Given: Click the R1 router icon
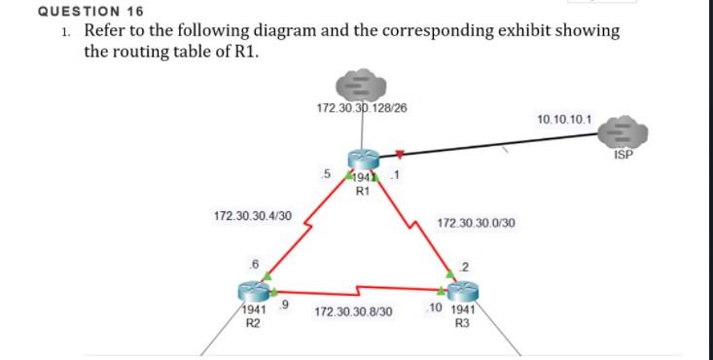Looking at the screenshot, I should click(x=362, y=164).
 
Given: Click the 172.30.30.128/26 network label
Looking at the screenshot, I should click(x=362, y=107).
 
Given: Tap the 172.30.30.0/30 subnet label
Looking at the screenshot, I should click(x=476, y=223).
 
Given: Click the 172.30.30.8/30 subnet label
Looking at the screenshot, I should click(x=354, y=313).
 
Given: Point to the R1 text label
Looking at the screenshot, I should click(x=362, y=192).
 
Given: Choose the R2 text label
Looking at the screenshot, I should click(x=251, y=322).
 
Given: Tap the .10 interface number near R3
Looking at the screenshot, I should click(x=435, y=308).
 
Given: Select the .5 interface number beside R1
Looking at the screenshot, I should click(x=326, y=173).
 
